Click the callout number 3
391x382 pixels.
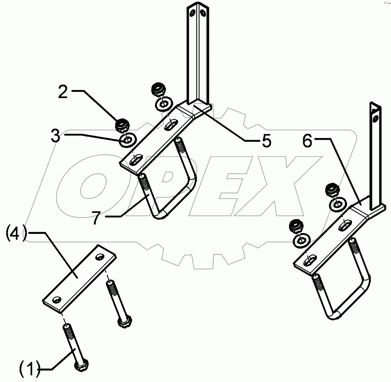(55, 136)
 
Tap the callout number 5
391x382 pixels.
(266, 141)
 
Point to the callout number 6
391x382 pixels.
(307, 141)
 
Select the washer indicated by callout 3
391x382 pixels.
(128, 140)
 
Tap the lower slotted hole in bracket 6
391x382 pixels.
(311, 260)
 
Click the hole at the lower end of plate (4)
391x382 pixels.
(57, 299)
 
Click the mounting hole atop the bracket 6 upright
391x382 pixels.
(374, 119)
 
